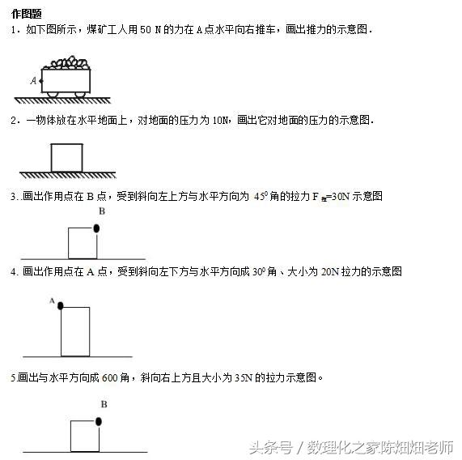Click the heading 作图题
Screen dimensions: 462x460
26,14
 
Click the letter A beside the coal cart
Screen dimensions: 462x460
34,80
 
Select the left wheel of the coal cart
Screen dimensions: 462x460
53,95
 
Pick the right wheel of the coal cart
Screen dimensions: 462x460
80,95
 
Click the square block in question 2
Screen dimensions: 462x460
66,158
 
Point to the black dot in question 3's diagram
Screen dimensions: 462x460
96,228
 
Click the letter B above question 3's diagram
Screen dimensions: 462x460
102,211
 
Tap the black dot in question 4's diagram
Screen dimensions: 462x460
61,306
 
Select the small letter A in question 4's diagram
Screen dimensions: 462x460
52,300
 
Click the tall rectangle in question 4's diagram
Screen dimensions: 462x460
75,332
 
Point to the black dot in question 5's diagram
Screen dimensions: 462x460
99,421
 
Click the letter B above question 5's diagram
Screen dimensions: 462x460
104,404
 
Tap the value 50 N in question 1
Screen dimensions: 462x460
150,30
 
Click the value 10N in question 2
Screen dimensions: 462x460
220,121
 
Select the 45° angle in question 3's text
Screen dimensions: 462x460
261,196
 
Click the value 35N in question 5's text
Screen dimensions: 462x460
244,377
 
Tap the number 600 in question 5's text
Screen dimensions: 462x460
110,377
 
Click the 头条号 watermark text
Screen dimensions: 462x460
271,448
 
